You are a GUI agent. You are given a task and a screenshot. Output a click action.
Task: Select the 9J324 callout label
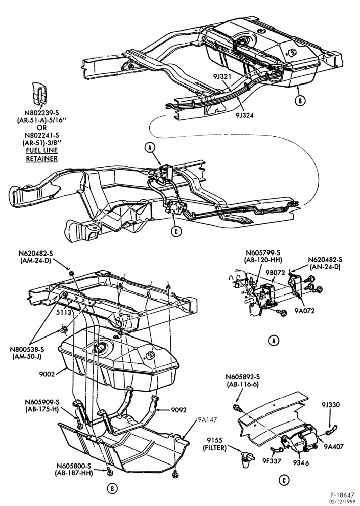244,114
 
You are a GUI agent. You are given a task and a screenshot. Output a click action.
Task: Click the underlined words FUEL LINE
42,150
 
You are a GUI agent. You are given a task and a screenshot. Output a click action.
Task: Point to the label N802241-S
41,135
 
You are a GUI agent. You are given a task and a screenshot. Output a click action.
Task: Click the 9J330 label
330,405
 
